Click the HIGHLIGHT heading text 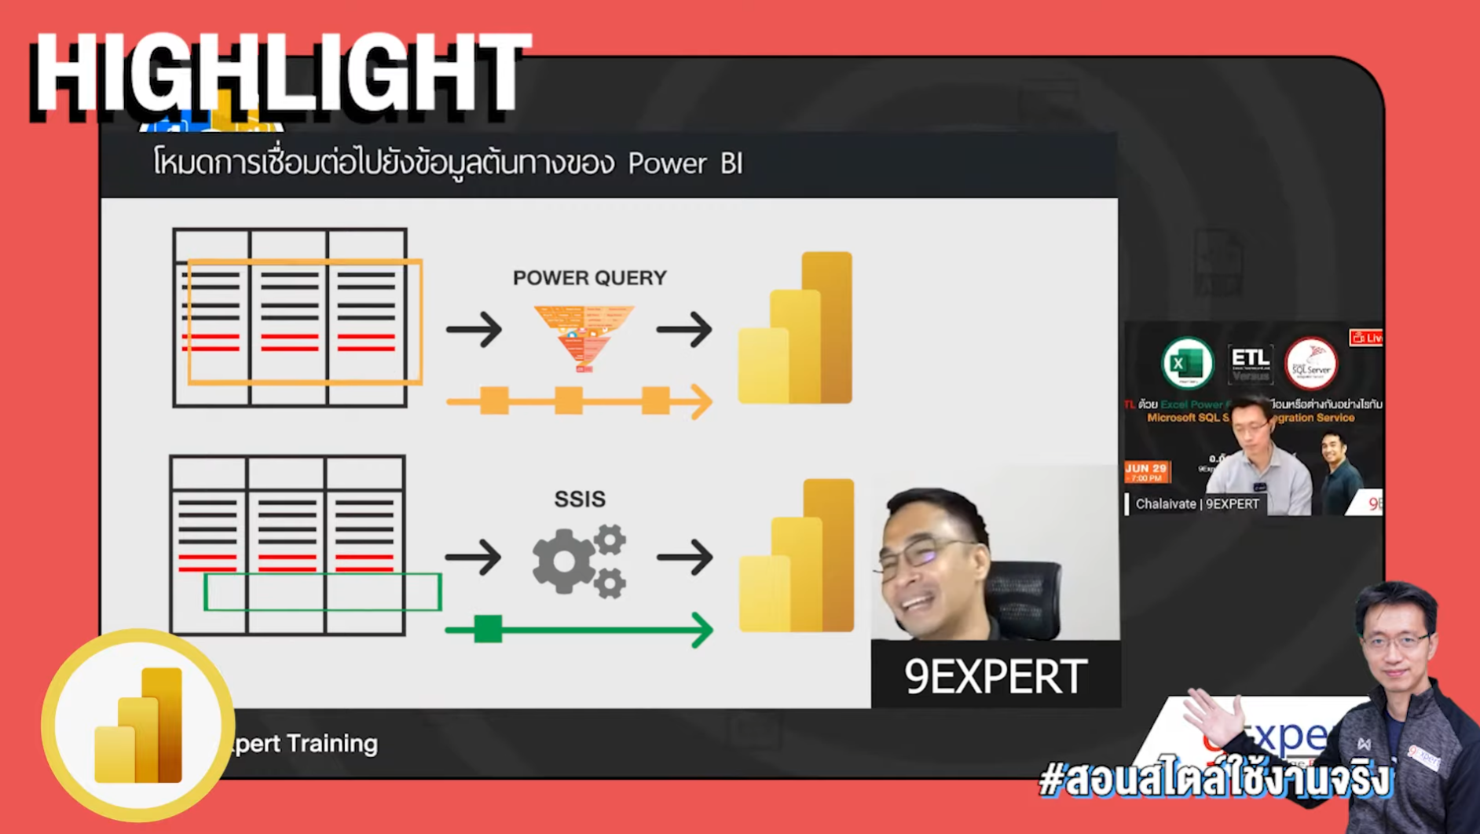click(280, 75)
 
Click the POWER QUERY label click(589, 278)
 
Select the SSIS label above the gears click(580, 499)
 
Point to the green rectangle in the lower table click(322, 592)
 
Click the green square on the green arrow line click(488, 629)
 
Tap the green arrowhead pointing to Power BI click(701, 630)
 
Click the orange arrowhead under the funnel click(701, 401)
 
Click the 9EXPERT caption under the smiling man click(995, 676)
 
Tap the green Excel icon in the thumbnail click(1187, 363)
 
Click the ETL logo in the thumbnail click(1250, 363)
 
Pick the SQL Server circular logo click(1310, 364)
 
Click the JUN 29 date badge click(1147, 471)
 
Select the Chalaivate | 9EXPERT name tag click(1196, 504)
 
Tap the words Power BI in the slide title click(685, 163)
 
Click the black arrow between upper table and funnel click(474, 329)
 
